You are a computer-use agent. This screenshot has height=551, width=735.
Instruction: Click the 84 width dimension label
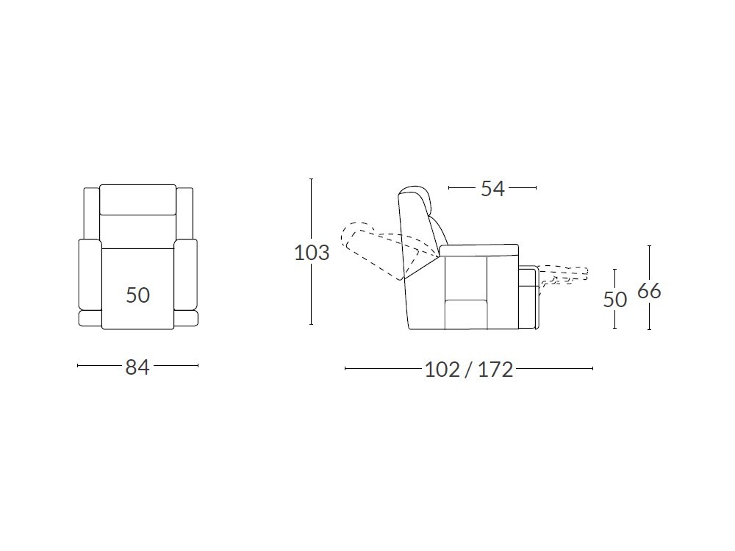click(x=137, y=367)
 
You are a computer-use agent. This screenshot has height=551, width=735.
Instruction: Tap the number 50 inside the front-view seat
click(x=138, y=295)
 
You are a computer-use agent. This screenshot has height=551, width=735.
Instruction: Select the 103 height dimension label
click(x=312, y=253)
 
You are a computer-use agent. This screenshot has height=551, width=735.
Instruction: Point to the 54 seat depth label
click(x=492, y=188)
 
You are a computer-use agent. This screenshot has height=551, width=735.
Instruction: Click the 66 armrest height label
click(x=649, y=291)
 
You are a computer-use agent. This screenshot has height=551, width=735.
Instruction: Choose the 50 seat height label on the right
click(x=615, y=300)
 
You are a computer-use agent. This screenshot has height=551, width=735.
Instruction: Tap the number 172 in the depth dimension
click(x=495, y=370)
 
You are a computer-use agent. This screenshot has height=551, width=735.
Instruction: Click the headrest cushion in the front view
click(x=138, y=200)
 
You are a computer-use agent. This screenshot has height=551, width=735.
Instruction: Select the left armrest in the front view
click(x=90, y=275)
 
